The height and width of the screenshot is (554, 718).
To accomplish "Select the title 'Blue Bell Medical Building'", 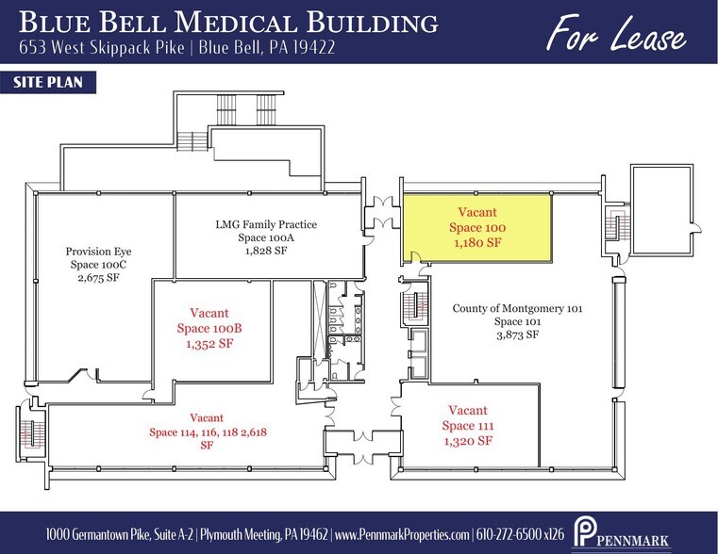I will [x=227, y=23].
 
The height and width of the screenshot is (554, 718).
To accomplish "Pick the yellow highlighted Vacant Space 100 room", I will [x=476, y=228].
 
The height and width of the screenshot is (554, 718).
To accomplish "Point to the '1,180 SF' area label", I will [x=477, y=243].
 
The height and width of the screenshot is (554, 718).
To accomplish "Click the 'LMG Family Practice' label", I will [x=266, y=224].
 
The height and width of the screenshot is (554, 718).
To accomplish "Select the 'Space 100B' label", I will [x=209, y=328].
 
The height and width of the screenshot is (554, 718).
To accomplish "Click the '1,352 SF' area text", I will [x=209, y=343].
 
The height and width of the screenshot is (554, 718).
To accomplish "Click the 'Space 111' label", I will [x=468, y=426].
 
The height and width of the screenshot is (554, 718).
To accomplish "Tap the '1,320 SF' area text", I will [x=468, y=441].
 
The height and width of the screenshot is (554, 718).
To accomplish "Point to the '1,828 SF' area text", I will [x=266, y=252].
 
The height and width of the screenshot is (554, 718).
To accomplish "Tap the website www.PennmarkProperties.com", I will [x=403, y=534].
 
